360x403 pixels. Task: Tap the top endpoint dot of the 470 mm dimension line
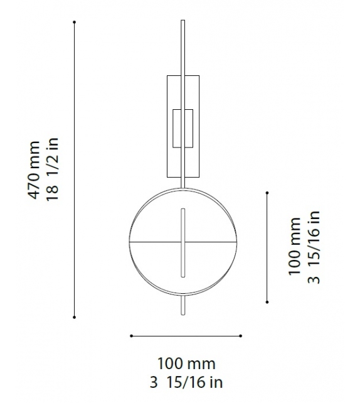75,22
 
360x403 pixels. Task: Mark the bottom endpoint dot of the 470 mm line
75,317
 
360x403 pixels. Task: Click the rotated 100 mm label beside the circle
295,247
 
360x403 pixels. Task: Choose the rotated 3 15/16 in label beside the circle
314,247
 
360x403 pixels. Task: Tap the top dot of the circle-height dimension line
267,193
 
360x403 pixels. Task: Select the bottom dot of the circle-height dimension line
267,301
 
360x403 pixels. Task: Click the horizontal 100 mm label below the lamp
186,363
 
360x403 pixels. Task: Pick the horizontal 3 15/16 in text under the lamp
186,382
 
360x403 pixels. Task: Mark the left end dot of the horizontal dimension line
131,336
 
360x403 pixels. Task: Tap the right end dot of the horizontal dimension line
241,336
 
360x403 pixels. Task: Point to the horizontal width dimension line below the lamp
186,336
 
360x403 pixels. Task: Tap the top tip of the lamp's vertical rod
183,21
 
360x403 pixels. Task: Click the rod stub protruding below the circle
183,306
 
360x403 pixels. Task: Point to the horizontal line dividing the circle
151,242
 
